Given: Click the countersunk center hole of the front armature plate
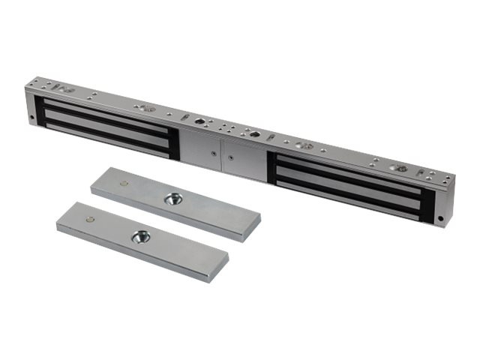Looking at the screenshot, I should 139,237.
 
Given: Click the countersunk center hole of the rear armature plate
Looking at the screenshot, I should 173,199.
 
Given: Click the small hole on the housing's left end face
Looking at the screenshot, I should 31,118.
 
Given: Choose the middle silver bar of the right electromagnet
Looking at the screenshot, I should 349,182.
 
